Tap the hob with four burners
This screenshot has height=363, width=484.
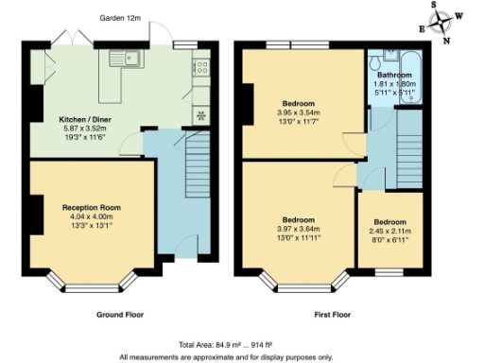pos(200,66)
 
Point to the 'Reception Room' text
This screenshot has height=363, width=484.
pos(92,207)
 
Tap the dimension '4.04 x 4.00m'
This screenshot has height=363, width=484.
pos(92,216)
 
